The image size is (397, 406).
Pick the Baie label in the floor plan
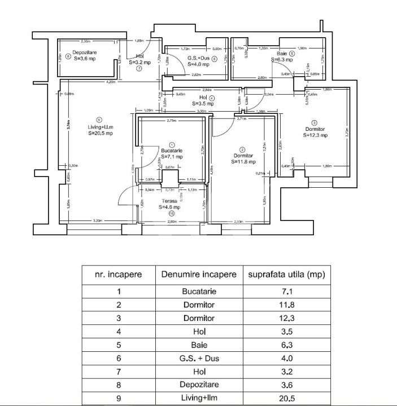(x=281, y=55)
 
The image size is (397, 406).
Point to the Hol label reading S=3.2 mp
(x=139, y=59)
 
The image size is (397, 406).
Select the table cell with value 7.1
(x=284, y=292)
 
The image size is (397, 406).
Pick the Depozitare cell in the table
(x=199, y=384)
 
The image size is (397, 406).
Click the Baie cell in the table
(x=199, y=345)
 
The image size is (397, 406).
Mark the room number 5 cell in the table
(x=118, y=345)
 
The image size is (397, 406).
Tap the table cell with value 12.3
(x=284, y=318)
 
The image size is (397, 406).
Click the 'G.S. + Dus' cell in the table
(x=199, y=358)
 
